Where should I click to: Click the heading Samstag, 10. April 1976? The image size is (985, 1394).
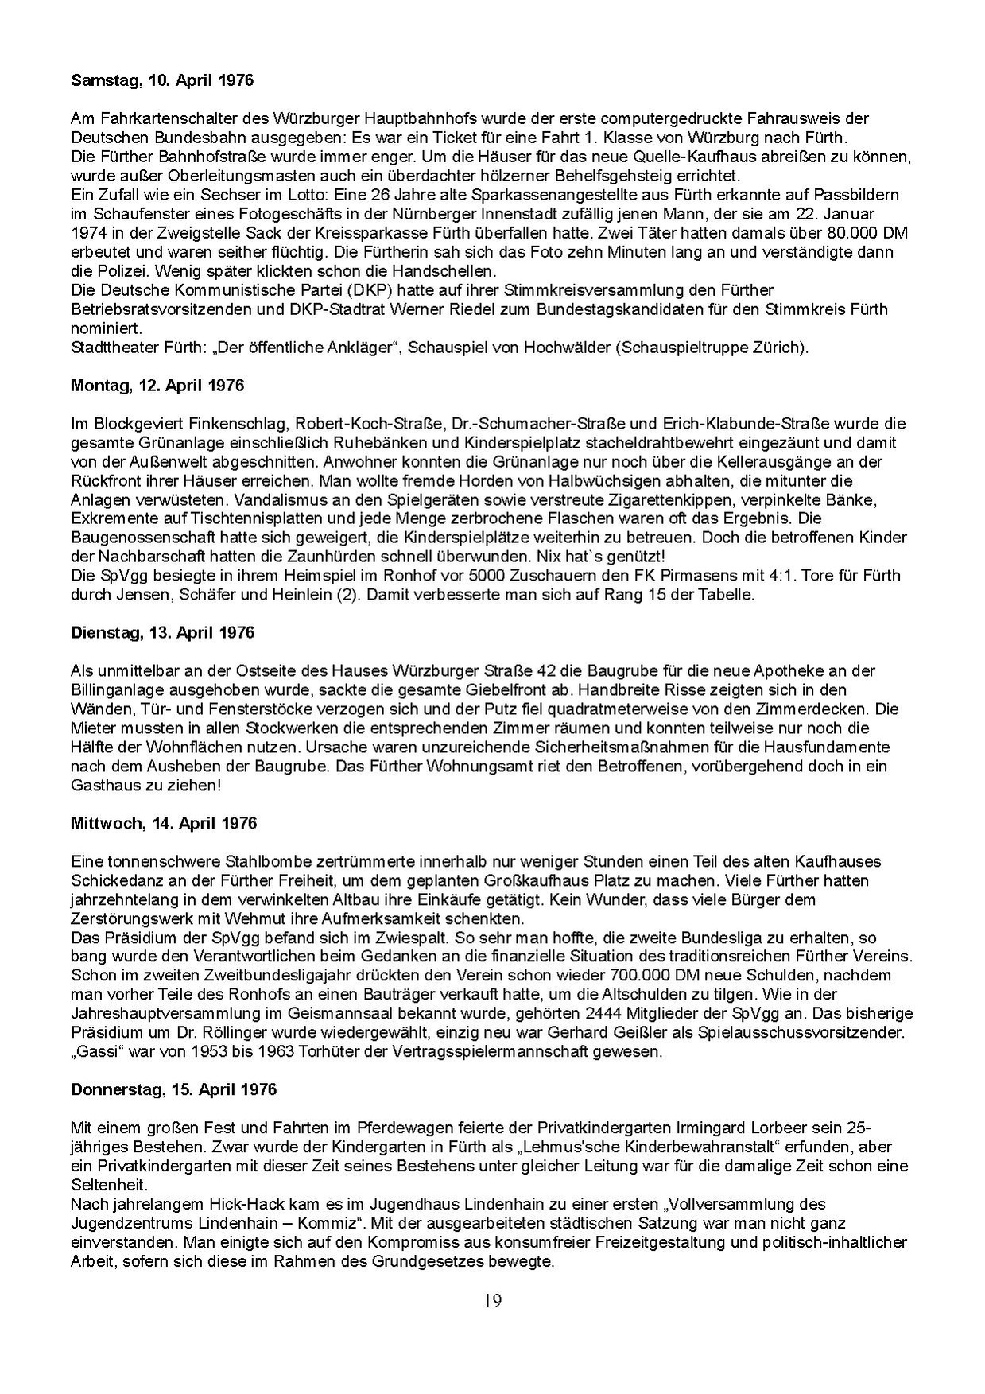point(162,80)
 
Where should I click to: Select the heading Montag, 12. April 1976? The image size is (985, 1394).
point(157,386)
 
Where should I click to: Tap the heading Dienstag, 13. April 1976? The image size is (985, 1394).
point(162,633)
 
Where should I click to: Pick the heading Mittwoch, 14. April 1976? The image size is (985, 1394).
point(164,823)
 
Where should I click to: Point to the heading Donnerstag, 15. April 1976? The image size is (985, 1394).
point(173,1089)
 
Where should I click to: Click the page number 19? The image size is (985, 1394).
point(492,1301)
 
